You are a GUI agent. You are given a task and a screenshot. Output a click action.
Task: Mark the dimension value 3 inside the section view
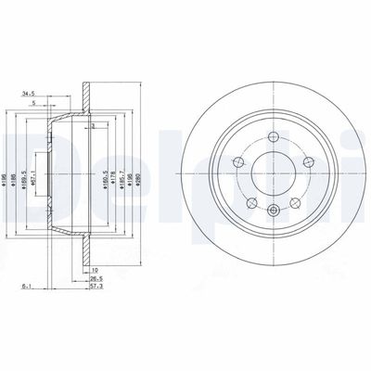pyautogui.click(x=93, y=123)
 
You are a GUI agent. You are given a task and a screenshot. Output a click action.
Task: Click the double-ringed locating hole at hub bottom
pyautogui.click(x=272, y=211)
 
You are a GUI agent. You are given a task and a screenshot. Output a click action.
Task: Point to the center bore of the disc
pyautogui.click(x=271, y=175)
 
